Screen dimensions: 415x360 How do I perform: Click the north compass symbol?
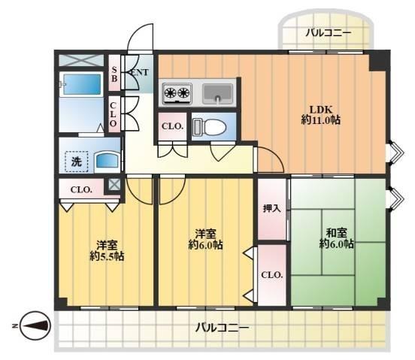[x=35, y=326]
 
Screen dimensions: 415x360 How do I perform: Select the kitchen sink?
[x=217, y=94]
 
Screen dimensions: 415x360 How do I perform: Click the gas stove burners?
[x=177, y=93]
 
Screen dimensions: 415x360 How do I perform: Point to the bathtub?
[x=81, y=84]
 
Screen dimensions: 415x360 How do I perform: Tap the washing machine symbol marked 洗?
[x=77, y=162]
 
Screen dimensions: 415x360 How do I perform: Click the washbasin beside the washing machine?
[x=107, y=160]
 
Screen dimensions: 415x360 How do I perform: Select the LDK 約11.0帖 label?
[x=320, y=115]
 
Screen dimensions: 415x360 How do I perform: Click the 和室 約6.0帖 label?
[x=336, y=238]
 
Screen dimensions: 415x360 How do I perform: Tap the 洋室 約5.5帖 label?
[x=107, y=251]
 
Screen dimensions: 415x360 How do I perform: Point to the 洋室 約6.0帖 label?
[x=205, y=240]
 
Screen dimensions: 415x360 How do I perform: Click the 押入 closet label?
[x=272, y=209]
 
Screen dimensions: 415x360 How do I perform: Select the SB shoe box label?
[x=114, y=74]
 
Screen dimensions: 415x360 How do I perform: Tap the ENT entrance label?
[x=140, y=72]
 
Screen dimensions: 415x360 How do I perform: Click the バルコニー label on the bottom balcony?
[x=222, y=328]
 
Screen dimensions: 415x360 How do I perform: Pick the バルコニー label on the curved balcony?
[x=329, y=33]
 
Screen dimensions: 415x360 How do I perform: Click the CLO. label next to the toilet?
[x=173, y=126]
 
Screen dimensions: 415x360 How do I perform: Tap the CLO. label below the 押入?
[x=272, y=275]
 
